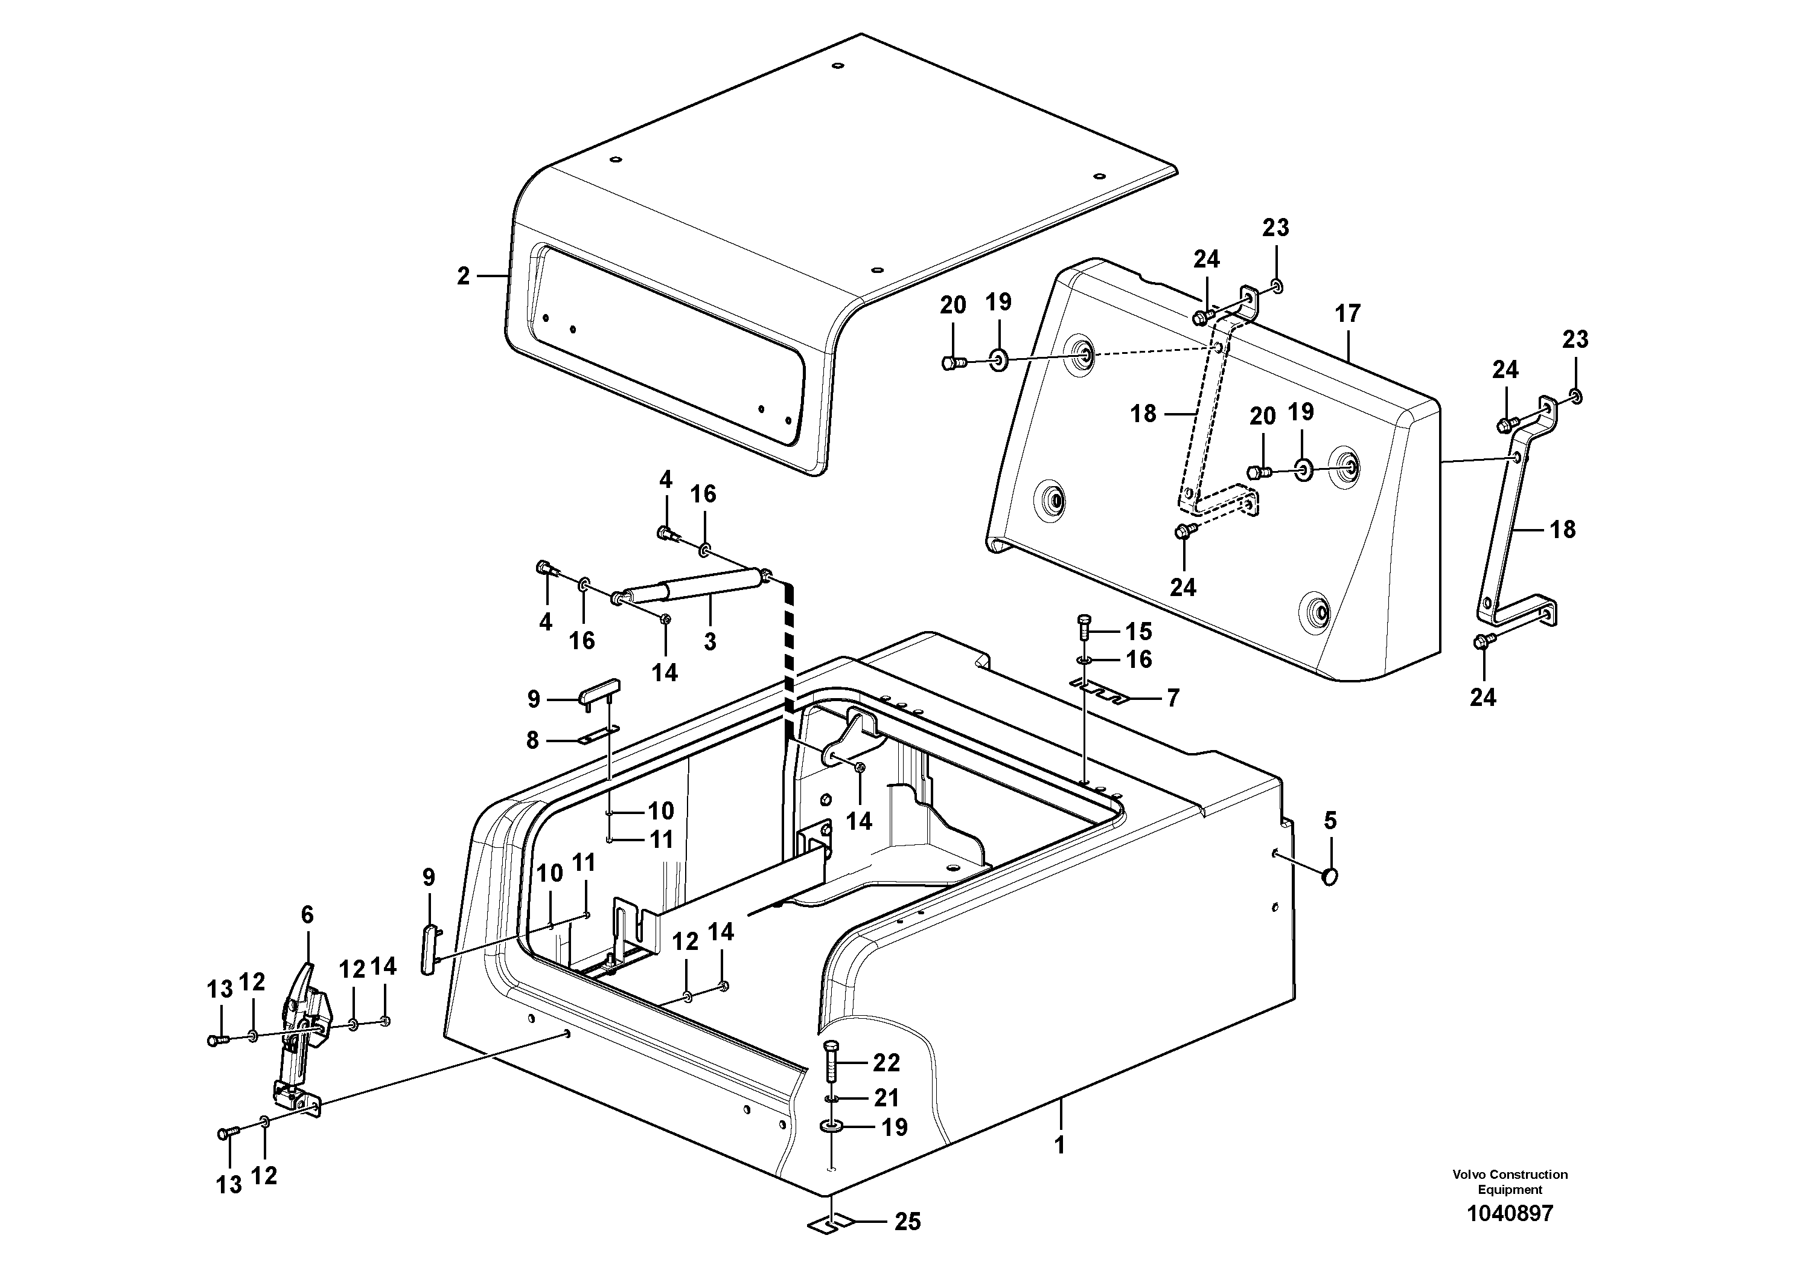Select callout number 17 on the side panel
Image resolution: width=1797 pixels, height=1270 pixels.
[1347, 314]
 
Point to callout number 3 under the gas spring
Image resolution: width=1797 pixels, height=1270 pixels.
[709, 642]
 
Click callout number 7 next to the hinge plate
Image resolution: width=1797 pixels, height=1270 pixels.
[1172, 698]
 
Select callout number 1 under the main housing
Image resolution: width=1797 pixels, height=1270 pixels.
[1059, 1146]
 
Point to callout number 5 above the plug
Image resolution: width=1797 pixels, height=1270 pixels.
[1330, 821]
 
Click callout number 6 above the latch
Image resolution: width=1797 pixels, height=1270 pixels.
[307, 914]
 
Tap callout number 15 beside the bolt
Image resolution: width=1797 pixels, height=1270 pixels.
[1139, 630]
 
